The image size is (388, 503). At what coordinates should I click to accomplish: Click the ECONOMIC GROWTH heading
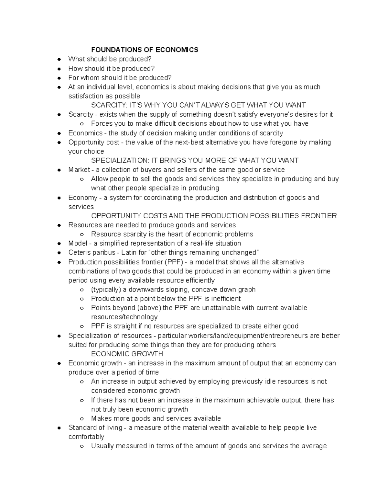[x=127, y=354]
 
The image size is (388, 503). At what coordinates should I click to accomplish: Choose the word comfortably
[x=86, y=437]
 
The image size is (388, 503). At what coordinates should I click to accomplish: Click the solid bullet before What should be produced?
[x=59, y=59]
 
